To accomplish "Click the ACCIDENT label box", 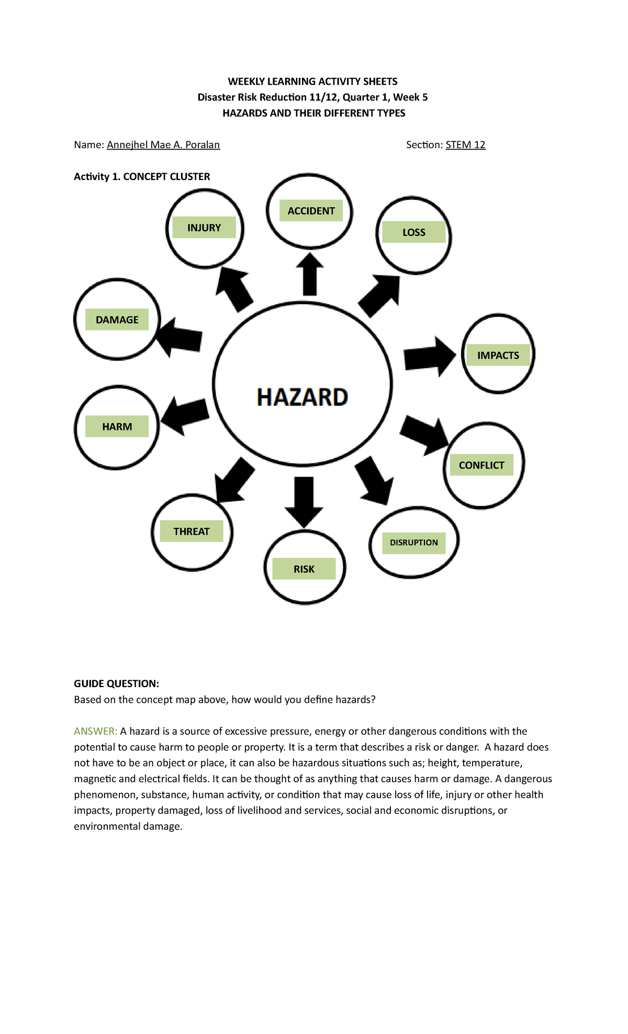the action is click(x=311, y=211).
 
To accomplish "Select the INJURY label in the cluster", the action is click(x=204, y=228).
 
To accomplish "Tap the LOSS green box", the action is click(x=413, y=232).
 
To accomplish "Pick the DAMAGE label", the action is click(x=117, y=320).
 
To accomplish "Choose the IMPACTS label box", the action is click(x=498, y=355).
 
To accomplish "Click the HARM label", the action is click(x=117, y=426).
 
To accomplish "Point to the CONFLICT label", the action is click(x=481, y=465).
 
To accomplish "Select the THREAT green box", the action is click(x=191, y=531).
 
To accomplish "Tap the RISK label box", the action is click(x=304, y=569).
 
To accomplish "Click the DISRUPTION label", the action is click(x=413, y=543).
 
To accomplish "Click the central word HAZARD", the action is click(x=302, y=397).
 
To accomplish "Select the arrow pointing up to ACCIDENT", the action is click(x=310, y=274).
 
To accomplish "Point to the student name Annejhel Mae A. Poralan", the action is click(x=163, y=145).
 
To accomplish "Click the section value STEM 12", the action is click(x=465, y=145).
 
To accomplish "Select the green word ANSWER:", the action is click(x=95, y=731).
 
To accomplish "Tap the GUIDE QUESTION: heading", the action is click(x=116, y=683).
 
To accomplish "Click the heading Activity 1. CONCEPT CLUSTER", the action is click(x=142, y=176).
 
